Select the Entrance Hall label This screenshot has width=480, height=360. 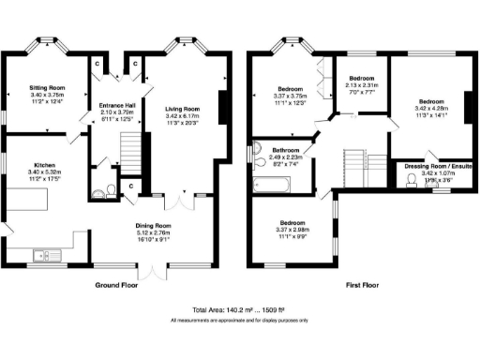(x=117, y=106)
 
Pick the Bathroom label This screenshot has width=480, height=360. (x=286, y=151)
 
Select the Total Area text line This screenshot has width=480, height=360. (x=240, y=309)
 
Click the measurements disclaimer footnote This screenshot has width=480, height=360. (x=240, y=321)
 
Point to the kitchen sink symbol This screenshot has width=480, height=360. (x=44, y=254)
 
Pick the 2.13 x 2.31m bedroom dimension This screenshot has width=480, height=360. (x=362, y=85)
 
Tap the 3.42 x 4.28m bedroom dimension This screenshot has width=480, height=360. (x=430, y=109)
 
